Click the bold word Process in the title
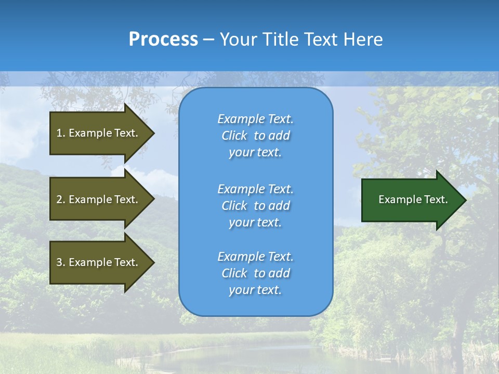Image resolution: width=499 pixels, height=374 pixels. pyautogui.click(x=163, y=39)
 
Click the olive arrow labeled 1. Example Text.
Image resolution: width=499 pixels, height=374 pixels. pyautogui.click(x=99, y=133)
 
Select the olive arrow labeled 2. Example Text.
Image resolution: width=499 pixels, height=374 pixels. pyautogui.click(x=99, y=199)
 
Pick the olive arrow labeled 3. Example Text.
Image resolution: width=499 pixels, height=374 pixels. pyautogui.click(x=99, y=262)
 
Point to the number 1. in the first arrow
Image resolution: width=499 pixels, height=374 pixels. pyautogui.click(x=60, y=133)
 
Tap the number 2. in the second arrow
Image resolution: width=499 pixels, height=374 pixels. pyautogui.click(x=60, y=199)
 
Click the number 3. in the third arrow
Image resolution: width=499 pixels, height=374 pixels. pyautogui.click(x=60, y=262)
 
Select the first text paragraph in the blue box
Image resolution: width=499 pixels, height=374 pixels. pyautogui.click(x=255, y=136)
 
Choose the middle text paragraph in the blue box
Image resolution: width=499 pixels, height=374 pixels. pyautogui.click(x=255, y=206)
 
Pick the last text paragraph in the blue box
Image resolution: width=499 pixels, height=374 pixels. pyautogui.click(x=255, y=273)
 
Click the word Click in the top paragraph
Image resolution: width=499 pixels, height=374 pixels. pyautogui.click(x=234, y=136)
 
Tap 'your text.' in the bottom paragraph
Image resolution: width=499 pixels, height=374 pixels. pyautogui.click(x=255, y=290)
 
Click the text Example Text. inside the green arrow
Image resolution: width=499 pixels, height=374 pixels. pyautogui.click(x=413, y=199)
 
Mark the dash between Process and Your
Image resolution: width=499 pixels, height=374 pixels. pyautogui.click(x=208, y=39)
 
